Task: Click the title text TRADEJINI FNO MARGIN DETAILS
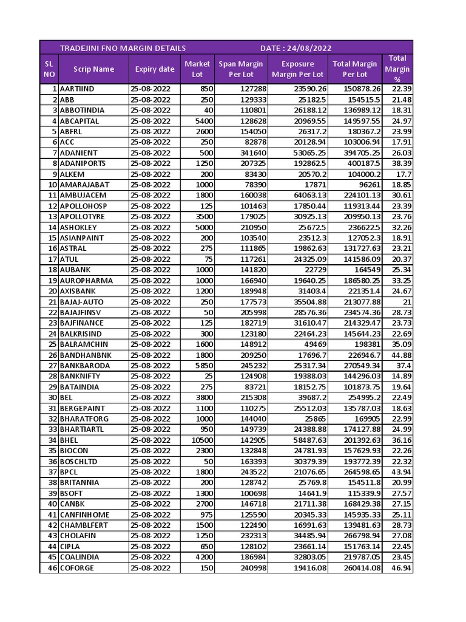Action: click(x=123, y=48)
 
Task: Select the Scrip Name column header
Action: click(x=93, y=69)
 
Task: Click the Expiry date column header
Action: click(x=155, y=69)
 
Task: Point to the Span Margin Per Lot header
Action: click(x=241, y=69)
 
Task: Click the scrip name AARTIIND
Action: click(x=78, y=89)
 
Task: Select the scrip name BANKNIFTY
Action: click(x=80, y=377)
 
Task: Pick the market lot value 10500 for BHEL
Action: click(x=201, y=440)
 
